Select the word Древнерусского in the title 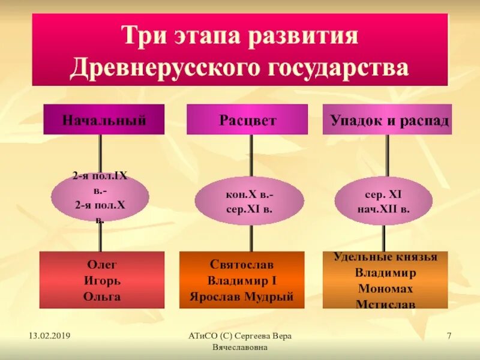click(x=158, y=67)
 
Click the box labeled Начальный click(x=104, y=119)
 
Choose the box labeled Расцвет click(x=247, y=119)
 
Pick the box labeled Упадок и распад click(x=388, y=119)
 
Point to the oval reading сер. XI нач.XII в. click(x=383, y=200)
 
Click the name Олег click(x=102, y=265)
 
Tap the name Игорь click(x=102, y=280)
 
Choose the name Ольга click(x=102, y=296)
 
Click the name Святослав click(x=241, y=264)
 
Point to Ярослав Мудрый click(x=241, y=296)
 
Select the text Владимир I click(x=241, y=280)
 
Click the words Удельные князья click(x=385, y=257)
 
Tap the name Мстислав click(x=385, y=304)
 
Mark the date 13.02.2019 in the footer click(x=49, y=335)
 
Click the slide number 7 click(x=449, y=335)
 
